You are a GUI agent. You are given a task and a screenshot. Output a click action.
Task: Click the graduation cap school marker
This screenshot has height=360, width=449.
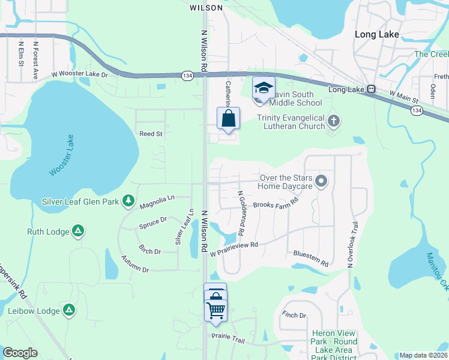263,88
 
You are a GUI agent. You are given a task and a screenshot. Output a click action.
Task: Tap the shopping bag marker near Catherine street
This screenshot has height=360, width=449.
228,119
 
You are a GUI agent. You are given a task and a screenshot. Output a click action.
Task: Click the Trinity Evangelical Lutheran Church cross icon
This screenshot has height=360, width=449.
334,122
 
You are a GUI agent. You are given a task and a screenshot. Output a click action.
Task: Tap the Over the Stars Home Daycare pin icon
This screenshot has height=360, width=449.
322,181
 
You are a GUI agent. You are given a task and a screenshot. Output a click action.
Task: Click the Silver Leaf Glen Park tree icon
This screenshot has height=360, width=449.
128,201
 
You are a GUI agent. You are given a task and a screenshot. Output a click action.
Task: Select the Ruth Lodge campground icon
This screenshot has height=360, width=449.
78,231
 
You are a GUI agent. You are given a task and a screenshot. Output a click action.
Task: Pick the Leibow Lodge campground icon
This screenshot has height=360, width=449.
70,310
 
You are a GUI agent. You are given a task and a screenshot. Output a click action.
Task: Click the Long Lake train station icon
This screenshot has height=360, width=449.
372,89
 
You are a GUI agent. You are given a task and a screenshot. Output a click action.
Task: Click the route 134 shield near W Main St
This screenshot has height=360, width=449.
416,110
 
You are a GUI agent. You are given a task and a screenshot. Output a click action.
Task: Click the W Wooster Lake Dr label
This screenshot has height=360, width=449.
79,75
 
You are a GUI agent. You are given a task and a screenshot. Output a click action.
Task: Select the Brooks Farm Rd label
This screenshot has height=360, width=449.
276,204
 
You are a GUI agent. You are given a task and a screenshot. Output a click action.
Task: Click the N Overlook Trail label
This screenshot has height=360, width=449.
351,244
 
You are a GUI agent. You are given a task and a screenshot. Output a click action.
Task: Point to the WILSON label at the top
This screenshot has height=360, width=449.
206,8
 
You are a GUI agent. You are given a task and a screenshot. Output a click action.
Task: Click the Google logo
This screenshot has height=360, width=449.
20,353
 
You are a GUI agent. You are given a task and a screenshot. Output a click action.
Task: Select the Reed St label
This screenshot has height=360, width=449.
151,134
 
